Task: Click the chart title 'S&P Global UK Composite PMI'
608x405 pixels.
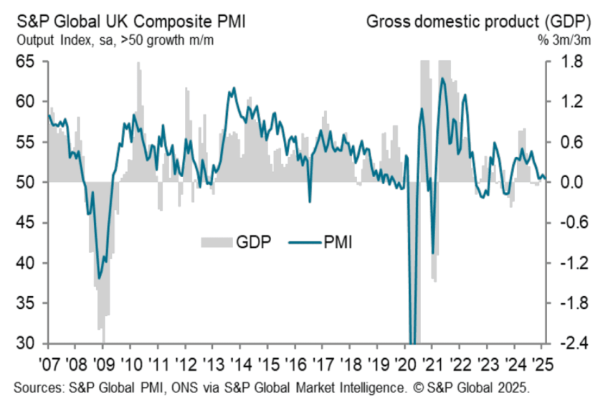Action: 131,22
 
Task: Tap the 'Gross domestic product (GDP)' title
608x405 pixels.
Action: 479,22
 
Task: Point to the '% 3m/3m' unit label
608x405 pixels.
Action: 564,40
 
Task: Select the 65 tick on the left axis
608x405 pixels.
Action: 25,61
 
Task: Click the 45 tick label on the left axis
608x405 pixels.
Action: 25,223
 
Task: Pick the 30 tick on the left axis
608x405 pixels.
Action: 25,343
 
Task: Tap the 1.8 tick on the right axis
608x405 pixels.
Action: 571,61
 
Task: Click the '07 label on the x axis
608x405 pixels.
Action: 49,364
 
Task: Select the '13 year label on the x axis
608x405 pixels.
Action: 213,364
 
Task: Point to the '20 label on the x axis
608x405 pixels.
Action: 405,364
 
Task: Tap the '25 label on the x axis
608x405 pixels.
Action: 542,364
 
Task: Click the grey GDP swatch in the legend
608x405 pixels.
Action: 217,242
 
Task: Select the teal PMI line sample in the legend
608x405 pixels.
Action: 305,242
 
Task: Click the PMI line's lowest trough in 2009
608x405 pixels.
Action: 99,278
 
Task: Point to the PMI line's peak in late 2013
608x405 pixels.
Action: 234,88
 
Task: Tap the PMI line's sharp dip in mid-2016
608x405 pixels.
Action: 310,202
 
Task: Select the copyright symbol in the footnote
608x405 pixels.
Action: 419,387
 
